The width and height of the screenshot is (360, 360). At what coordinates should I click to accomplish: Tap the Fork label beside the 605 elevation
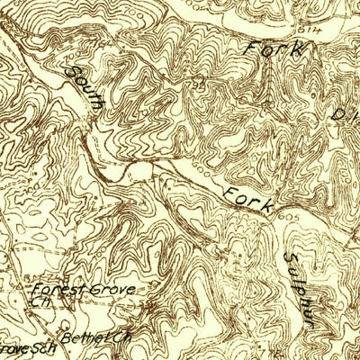[x=247, y=198]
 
